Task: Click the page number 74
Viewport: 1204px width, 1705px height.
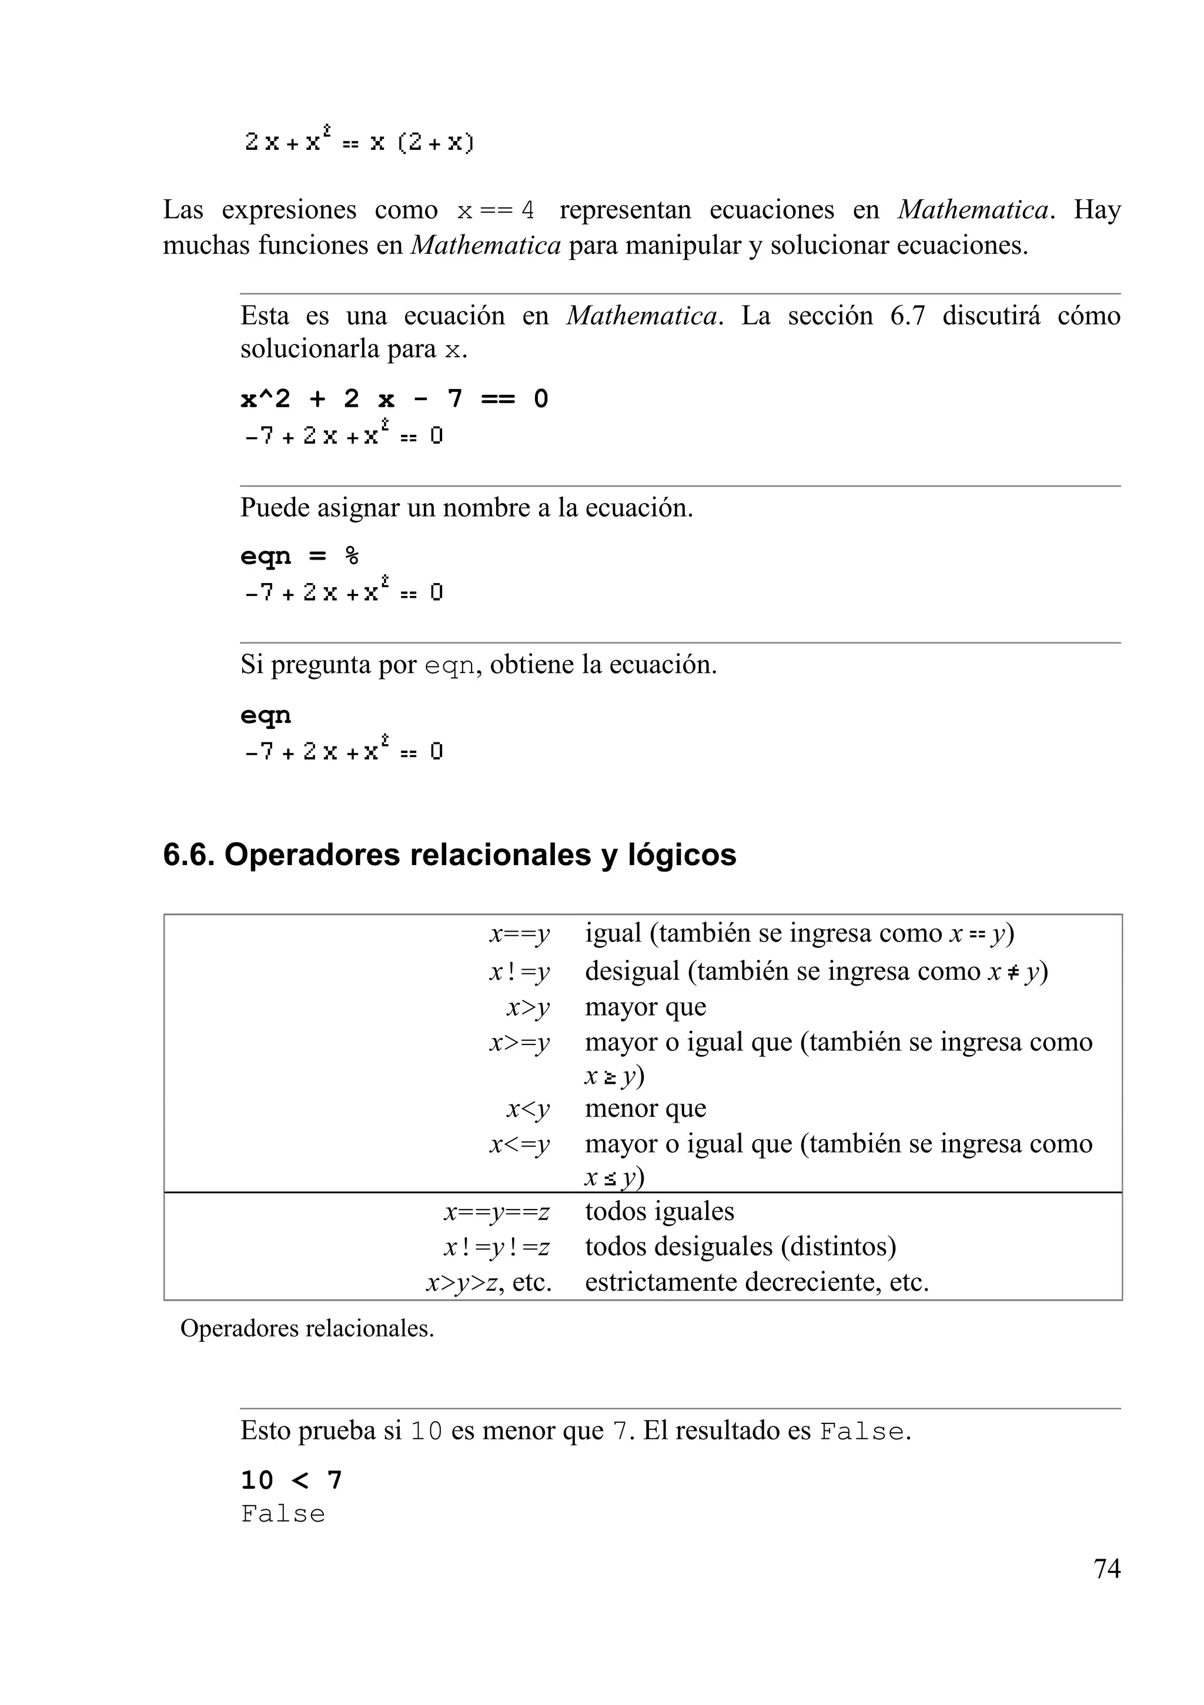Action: coord(1106,1569)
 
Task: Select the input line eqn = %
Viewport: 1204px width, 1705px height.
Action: coord(299,556)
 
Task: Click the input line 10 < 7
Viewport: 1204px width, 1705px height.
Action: coord(291,1480)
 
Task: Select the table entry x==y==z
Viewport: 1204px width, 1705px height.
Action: coord(497,1211)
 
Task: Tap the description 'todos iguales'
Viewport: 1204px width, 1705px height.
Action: coord(659,1211)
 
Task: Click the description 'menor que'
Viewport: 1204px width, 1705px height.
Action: coord(645,1108)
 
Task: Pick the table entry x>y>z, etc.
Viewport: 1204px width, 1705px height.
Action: coord(489,1282)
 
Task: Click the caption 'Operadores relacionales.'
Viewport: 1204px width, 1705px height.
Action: coord(307,1328)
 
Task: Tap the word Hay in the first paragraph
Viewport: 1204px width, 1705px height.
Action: coord(1096,210)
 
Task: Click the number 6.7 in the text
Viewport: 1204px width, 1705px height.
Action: coord(908,316)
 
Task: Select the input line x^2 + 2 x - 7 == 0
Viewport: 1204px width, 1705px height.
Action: coord(394,400)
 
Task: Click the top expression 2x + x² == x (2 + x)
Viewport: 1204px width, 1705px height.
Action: coord(359,141)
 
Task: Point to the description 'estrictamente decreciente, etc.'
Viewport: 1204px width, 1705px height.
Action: coord(756,1282)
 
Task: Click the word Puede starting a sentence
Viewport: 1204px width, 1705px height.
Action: coord(274,508)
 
